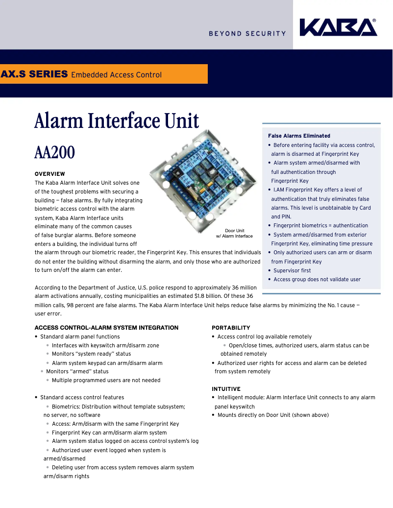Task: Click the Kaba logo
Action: pos(338,27)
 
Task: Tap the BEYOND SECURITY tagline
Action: pos(247,34)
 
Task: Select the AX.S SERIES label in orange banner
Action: pos(34,74)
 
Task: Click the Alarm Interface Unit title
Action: pos(117,121)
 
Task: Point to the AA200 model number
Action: pos(54,152)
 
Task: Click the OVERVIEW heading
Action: pos(49,174)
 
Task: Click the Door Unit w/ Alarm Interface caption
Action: pos(234,233)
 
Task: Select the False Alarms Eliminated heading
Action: pos(299,136)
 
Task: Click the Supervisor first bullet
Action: pos(292,270)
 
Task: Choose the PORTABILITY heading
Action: pos(231,328)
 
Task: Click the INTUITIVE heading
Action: pos(226,389)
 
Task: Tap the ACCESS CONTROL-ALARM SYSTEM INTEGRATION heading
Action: pos(106,328)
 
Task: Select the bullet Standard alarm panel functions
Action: pos(80,337)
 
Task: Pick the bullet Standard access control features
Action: pos(82,397)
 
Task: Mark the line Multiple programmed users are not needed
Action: pos(106,380)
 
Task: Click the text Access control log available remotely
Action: pos(265,337)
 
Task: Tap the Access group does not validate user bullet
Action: pos(317,279)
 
